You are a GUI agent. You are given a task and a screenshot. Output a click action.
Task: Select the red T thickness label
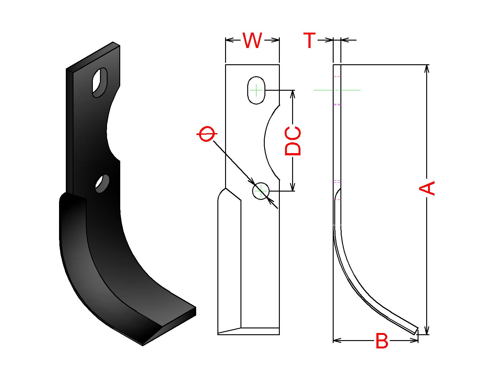310,40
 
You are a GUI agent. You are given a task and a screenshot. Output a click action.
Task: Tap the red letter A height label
427,188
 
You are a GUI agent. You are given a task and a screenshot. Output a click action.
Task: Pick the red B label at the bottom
382,341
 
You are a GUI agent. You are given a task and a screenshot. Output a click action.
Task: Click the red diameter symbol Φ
207,134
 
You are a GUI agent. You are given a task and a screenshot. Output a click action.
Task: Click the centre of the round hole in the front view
261,191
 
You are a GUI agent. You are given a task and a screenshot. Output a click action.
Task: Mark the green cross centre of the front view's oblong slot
256,90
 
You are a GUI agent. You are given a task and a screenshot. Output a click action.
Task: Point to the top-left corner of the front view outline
225,65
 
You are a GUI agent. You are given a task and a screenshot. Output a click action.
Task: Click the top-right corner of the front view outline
279,65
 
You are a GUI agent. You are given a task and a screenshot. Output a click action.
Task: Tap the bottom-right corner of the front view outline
279,335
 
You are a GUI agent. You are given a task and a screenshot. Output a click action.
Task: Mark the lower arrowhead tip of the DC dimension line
292,191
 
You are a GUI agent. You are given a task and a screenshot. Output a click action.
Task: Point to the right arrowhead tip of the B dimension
418,340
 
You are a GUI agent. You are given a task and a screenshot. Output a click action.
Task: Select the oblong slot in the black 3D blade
100,82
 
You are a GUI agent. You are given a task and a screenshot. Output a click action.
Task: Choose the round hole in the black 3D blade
102,184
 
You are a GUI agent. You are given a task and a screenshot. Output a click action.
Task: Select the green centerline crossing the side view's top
337,90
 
